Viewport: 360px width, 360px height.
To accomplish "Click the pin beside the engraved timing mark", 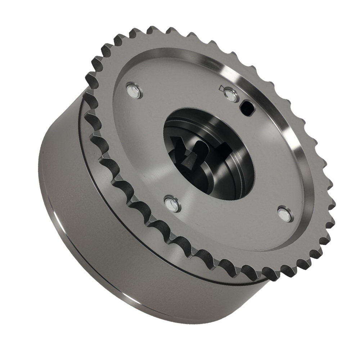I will [230, 95].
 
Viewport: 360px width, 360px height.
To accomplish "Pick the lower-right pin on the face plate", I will [286, 214].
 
